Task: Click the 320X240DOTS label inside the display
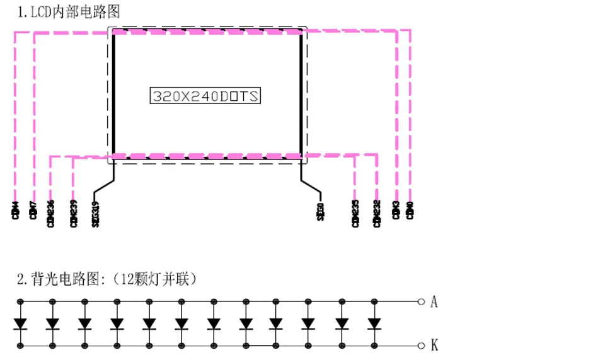click(x=205, y=96)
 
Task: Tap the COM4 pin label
click(x=15, y=210)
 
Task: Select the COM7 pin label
click(x=33, y=210)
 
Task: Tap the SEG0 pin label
click(x=320, y=210)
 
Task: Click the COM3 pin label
click(x=396, y=210)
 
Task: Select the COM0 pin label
click(x=410, y=210)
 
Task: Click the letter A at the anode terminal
click(x=434, y=302)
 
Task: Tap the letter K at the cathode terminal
click(x=434, y=345)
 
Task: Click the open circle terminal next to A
click(x=421, y=302)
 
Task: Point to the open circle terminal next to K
click(x=421, y=345)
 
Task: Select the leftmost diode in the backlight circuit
click(x=21, y=323)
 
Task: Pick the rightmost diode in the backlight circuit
click(x=374, y=323)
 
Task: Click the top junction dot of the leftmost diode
click(x=21, y=301)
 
